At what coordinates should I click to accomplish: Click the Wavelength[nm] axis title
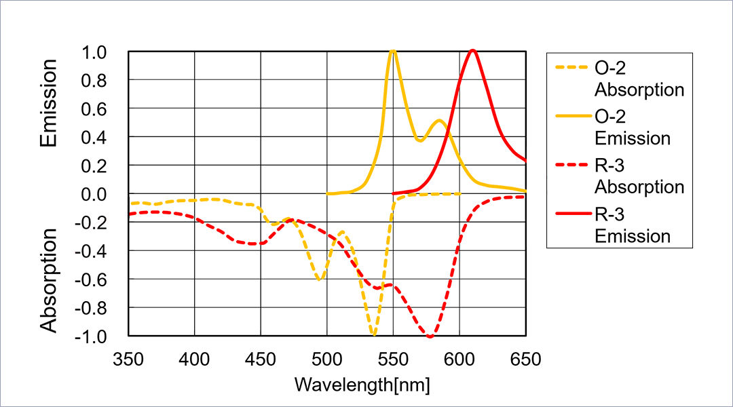click(362, 385)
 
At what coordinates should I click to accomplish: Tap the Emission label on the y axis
click(48, 103)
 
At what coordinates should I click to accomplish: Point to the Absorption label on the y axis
click(48, 280)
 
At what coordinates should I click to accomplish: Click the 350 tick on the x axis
click(129, 359)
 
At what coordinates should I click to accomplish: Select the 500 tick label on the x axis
click(327, 359)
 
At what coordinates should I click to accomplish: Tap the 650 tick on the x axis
click(525, 359)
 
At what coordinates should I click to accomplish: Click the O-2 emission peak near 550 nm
click(392, 51)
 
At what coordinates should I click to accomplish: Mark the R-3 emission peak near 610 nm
click(473, 51)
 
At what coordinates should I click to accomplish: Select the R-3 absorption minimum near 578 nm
click(430, 336)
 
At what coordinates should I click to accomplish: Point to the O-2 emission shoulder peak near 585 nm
click(439, 121)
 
